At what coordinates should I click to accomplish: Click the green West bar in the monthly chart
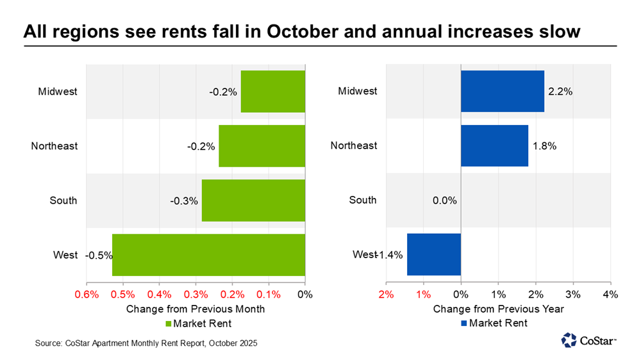point(208,255)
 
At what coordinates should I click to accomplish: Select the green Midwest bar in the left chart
point(273,92)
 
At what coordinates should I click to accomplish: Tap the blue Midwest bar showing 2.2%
point(503,92)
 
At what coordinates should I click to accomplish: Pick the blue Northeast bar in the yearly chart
point(494,146)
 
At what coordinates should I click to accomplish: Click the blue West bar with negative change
point(434,255)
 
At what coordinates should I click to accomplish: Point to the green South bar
point(253,200)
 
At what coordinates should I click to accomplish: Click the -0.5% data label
point(99,255)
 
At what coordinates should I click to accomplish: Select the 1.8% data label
point(544,146)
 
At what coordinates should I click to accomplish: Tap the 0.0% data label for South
point(444,200)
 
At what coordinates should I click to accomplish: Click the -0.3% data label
point(184,200)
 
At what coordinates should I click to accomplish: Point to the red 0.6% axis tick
point(87,295)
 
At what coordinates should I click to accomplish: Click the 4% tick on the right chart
point(610,295)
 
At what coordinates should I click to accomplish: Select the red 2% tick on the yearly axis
point(386,295)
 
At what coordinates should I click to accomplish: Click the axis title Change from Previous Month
point(196,309)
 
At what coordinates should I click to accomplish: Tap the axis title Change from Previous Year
point(498,309)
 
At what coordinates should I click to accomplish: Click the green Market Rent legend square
point(170,323)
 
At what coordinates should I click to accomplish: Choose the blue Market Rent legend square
point(464,323)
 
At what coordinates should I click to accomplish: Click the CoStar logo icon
point(568,340)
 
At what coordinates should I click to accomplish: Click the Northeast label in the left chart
point(54,146)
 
